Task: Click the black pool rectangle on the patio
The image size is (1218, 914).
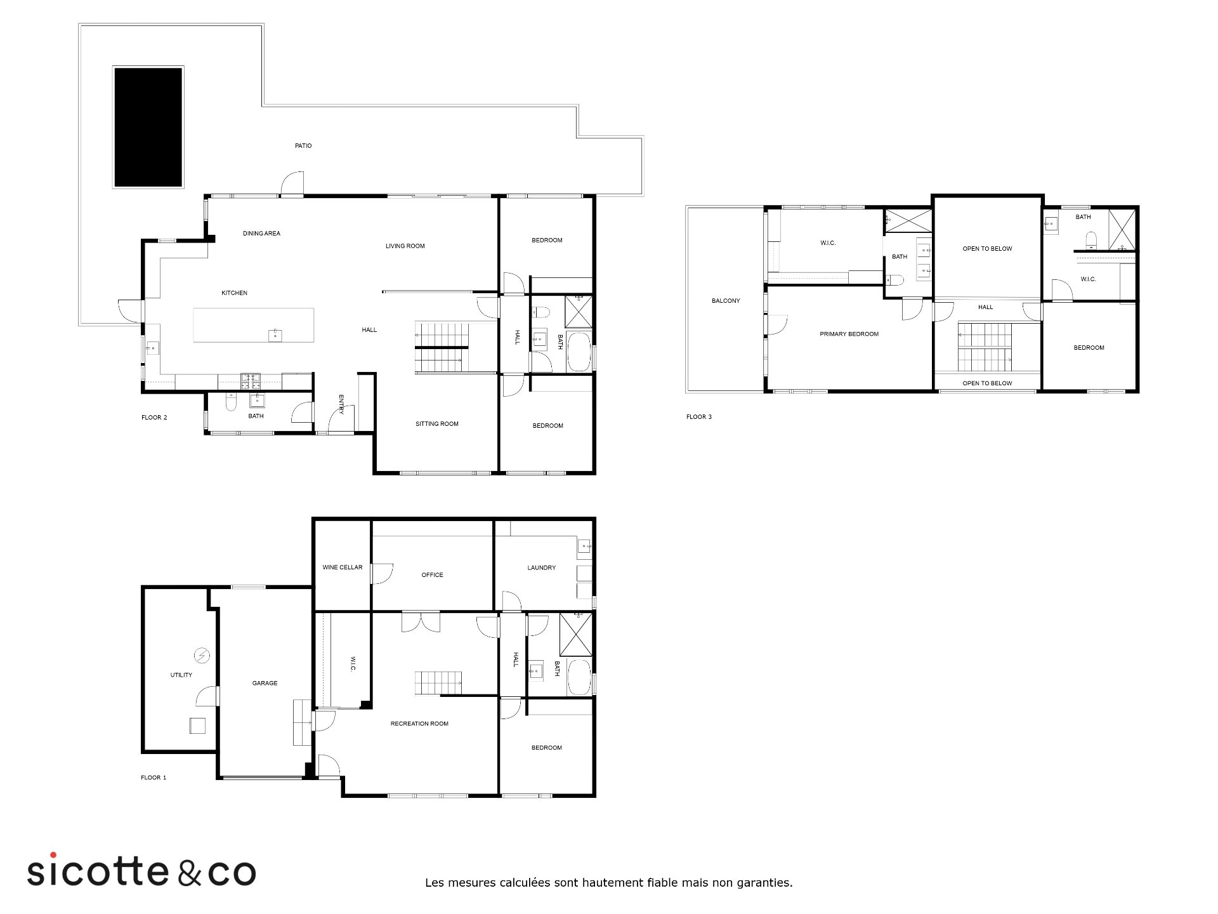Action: click(148, 127)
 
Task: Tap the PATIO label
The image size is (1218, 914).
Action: click(303, 146)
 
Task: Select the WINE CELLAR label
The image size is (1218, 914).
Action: click(343, 567)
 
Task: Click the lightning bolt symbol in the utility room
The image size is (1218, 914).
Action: click(202, 655)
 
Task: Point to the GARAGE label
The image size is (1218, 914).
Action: click(265, 684)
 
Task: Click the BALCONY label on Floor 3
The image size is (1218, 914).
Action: click(726, 301)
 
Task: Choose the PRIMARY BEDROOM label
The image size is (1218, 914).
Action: click(849, 334)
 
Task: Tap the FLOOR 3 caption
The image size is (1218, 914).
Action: click(699, 417)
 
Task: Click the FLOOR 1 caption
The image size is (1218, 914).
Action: click(154, 778)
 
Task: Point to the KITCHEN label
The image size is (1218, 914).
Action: click(234, 293)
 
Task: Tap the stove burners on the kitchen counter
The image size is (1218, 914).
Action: click(251, 381)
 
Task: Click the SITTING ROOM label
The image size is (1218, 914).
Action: click(437, 424)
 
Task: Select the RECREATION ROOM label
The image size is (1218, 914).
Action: click(419, 724)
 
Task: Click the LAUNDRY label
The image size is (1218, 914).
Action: click(541, 568)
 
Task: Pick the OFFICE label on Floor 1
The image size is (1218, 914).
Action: click(432, 575)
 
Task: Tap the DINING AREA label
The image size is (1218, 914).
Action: click(261, 234)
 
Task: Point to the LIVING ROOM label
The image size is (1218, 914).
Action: click(405, 246)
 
